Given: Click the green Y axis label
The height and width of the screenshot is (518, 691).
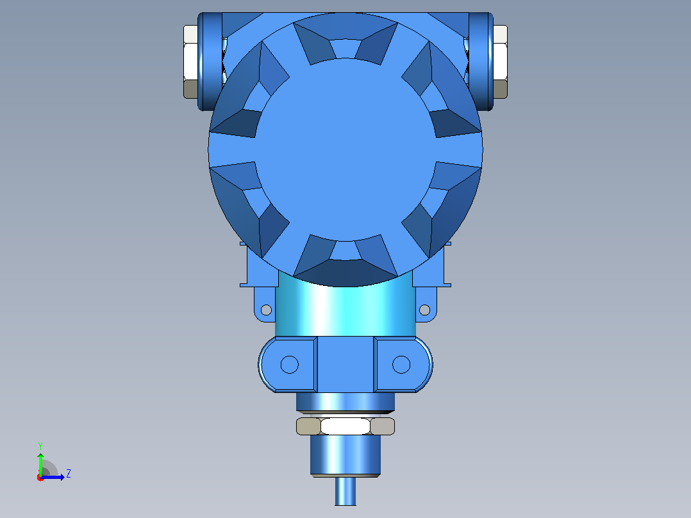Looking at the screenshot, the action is [40, 446].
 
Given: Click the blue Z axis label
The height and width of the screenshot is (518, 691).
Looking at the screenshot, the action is [69, 474].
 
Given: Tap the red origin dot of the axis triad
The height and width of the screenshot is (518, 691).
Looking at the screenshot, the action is [40, 478].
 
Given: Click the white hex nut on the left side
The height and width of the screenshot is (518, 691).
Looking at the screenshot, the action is [191, 62].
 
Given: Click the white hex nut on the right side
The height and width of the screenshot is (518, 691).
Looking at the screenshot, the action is [500, 62].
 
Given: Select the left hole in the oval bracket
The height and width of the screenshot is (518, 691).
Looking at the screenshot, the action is [290, 365].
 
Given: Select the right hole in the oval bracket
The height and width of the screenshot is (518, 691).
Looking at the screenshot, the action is [401, 365].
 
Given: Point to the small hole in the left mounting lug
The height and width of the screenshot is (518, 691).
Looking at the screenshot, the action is [266, 310].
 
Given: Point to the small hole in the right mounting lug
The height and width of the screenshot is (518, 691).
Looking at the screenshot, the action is [424, 310].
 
